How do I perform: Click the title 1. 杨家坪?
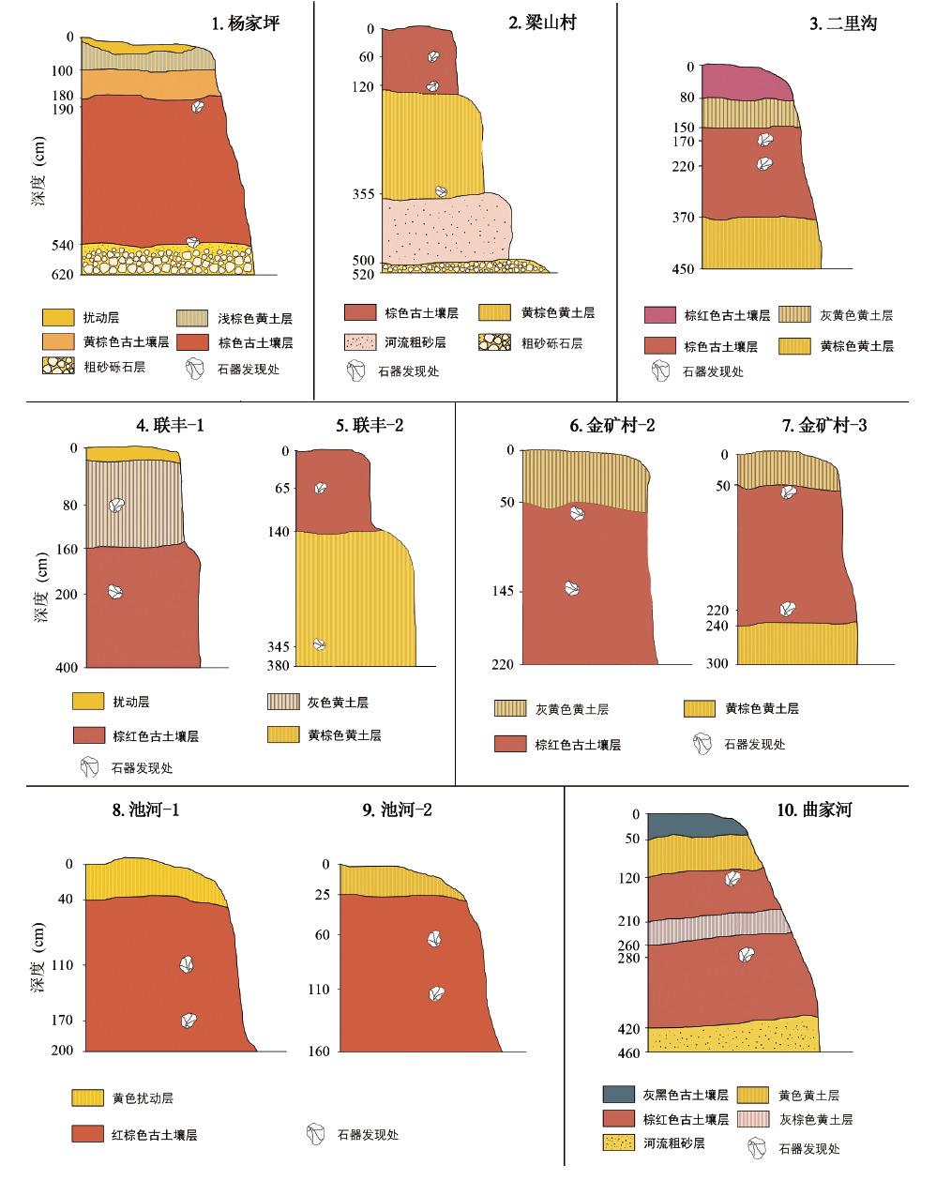pos(245,23)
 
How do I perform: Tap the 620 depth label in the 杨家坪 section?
pos(62,275)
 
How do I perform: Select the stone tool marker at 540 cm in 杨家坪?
pos(193,242)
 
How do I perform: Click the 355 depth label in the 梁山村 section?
pos(363,194)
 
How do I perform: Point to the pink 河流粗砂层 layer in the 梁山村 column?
pos(445,230)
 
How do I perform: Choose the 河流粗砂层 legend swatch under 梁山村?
pos(359,342)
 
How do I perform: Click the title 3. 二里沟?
pos(843,23)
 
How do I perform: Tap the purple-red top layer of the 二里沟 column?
pos(746,83)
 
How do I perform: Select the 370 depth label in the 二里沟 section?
pos(683,218)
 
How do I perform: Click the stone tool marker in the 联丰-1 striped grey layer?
pos(116,505)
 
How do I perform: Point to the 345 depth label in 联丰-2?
pos(279,646)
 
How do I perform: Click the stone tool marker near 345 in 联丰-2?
pos(319,644)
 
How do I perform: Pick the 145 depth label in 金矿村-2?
pos(503,591)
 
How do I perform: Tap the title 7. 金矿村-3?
pos(824,426)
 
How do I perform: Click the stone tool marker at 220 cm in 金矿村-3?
pos(787,610)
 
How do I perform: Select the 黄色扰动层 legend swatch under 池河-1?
pos(87,1097)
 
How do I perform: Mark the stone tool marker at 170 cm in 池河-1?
pos(189,1021)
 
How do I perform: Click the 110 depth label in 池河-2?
pos(319,989)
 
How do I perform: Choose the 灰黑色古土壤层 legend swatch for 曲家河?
pos(618,1094)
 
